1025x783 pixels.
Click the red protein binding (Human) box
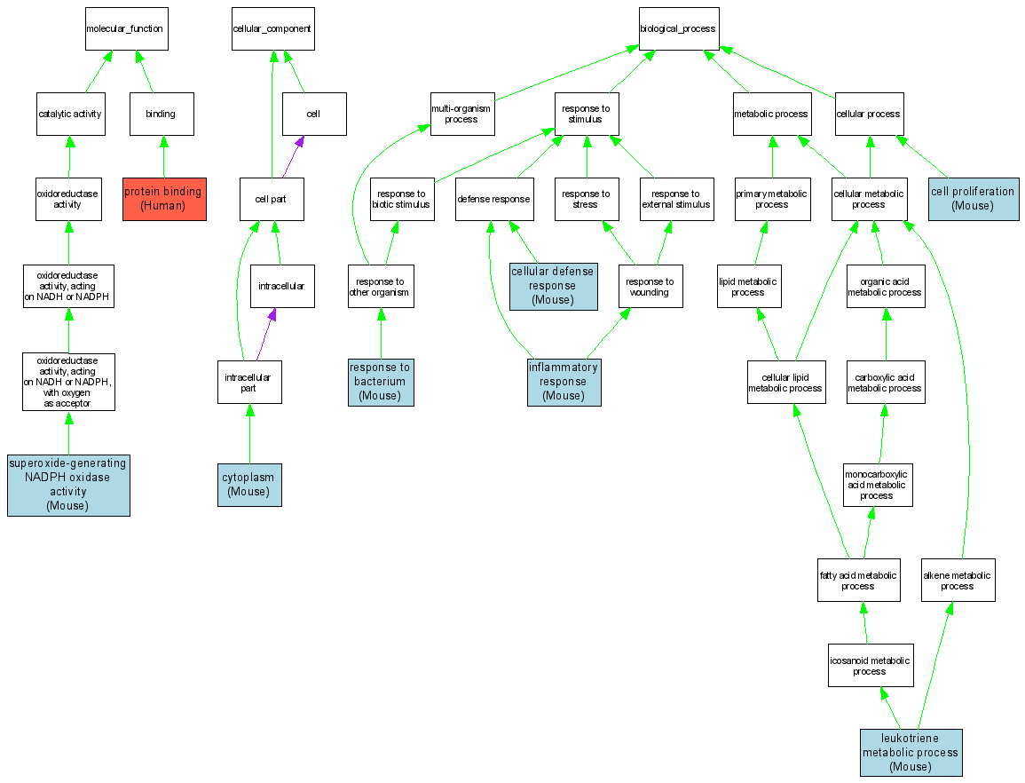(164, 199)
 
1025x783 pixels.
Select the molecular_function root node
(124, 28)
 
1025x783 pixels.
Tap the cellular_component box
(272, 28)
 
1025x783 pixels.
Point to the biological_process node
(678, 28)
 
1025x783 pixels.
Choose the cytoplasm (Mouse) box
(249, 485)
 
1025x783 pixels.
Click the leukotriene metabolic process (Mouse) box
(911, 753)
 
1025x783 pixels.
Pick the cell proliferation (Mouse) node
(973, 199)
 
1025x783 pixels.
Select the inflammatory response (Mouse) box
(564, 382)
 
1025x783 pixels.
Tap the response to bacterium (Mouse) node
(381, 382)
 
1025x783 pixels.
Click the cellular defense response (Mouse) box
(553, 286)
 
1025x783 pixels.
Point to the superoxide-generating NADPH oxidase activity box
(68, 485)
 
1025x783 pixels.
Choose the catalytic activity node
(71, 114)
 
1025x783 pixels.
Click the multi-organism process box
(461, 114)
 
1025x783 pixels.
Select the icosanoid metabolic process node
(870, 666)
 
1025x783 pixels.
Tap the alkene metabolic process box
(958, 581)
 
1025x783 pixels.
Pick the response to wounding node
(650, 287)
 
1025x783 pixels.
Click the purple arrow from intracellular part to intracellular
(265, 335)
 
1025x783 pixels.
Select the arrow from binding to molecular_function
(145, 72)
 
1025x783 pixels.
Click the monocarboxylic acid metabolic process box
(877, 485)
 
